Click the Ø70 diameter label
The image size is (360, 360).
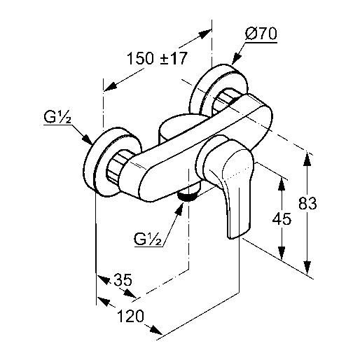point(261,34)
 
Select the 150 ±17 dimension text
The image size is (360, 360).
point(157,58)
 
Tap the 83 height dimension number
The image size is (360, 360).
point(307,203)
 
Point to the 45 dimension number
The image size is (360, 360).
point(282,219)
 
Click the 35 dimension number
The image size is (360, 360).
point(123,279)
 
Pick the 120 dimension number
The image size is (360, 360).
point(130,316)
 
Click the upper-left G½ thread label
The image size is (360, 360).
point(57,118)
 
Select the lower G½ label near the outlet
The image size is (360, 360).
point(148,239)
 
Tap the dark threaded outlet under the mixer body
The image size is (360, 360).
point(188,195)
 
